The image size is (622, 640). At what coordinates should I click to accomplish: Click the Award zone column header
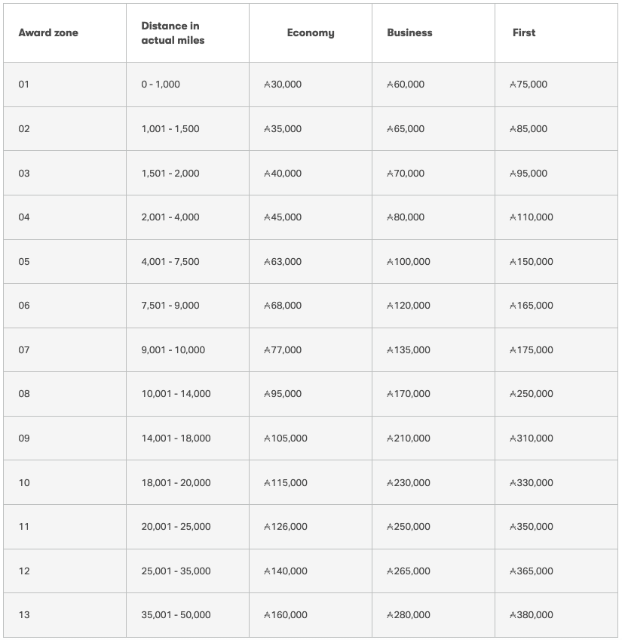pyautogui.click(x=48, y=33)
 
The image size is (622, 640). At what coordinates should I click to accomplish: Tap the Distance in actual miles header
pyautogui.click(x=173, y=33)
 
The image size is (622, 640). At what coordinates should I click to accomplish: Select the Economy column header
pyautogui.click(x=311, y=33)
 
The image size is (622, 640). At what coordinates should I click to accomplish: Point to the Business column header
pyautogui.click(x=409, y=33)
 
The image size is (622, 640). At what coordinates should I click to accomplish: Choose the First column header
pyautogui.click(x=524, y=33)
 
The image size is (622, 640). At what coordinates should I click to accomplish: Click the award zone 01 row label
pyautogui.click(x=24, y=85)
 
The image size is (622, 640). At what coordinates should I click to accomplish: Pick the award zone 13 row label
pyautogui.click(x=24, y=615)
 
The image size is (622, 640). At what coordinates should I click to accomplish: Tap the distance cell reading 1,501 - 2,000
pyautogui.click(x=170, y=174)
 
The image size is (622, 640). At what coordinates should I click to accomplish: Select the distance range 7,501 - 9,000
pyautogui.click(x=170, y=306)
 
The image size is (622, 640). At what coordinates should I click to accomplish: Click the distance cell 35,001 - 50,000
pyautogui.click(x=176, y=615)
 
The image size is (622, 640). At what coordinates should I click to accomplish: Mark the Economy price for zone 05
pyautogui.click(x=283, y=262)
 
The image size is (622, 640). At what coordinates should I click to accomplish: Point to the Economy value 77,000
pyautogui.click(x=283, y=350)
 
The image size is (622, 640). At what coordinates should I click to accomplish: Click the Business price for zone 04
pyautogui.click(x=406, y=217)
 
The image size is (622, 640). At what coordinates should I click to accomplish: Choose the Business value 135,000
pyautogui.click(x=409, y=350)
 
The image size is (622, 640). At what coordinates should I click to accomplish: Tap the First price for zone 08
pyautogui.click(x=532, y=394)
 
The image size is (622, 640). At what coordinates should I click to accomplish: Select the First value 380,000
pyautogui.click(x=532, y=615)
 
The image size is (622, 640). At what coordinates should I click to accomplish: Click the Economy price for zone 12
pyautogui.click(x=286, y=571)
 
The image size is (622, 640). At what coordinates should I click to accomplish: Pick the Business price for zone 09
pyautogui.click(x=409, y=438)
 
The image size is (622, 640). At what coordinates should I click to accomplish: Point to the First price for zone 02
pyautogui.click(x=529, y=129)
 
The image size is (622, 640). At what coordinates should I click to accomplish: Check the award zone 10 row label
pyautogui.click(x=24, y=483)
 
